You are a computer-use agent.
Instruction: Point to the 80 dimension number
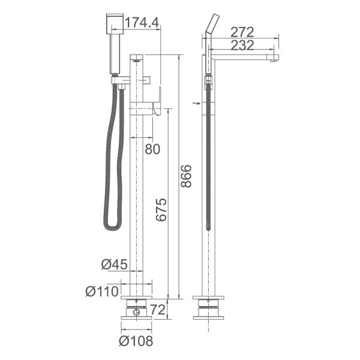tap(154, 149)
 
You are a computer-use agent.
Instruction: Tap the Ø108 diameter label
tap(136, 341)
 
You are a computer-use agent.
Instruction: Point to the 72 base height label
tap(157, 310)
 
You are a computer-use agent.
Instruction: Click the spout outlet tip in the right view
tap(277, 59)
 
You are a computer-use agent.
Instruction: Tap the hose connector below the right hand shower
tap(209, 81)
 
